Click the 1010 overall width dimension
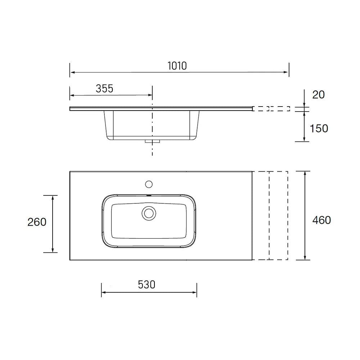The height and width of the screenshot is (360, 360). click(177, 66)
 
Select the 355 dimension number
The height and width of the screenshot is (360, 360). click(104, 89)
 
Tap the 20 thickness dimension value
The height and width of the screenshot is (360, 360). click(319, 95)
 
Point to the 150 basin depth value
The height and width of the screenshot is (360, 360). click(319, 129)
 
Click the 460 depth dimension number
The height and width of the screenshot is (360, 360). click(321, 220)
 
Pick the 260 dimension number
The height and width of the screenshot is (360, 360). click(37, 222)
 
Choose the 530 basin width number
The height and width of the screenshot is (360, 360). click(147, 285)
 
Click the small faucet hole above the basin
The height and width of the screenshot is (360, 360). click(149, 184)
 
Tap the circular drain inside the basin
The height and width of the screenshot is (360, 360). click(149, 213)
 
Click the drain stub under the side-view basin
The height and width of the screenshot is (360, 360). click(152, 141)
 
